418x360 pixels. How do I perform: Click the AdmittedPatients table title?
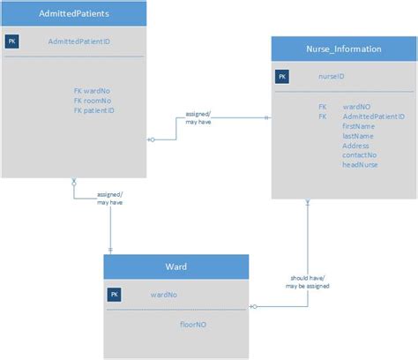(x=73, y=14)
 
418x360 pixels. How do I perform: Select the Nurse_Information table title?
(x=344, y=49)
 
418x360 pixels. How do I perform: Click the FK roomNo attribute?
(x=94, y=100)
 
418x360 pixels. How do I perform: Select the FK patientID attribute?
(x=95, y=110)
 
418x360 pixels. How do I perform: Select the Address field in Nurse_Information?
(x=355, y=146)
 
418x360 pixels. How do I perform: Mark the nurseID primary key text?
(x=331, y=77)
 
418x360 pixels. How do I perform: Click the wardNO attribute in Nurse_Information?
(x=356, y=106)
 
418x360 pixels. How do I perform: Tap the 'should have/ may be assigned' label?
(x=302, y=281)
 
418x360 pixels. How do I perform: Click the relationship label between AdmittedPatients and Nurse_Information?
(x=198, y=118)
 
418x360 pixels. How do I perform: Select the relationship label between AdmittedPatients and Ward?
(x=109, y=198)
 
